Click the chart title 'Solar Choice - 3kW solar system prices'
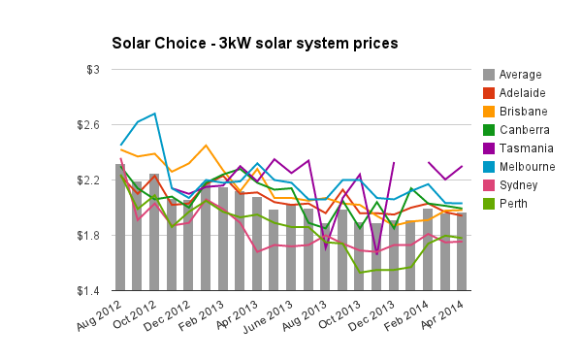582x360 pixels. [254, 45]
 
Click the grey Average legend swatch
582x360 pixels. [491, 75]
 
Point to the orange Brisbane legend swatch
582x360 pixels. [491, 112]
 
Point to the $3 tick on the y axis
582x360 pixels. [94, 70]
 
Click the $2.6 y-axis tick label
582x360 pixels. [88, 125]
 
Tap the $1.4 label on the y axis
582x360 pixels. [88, 291]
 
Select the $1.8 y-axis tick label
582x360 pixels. [88, 236]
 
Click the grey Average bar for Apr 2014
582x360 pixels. [462, 252]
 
